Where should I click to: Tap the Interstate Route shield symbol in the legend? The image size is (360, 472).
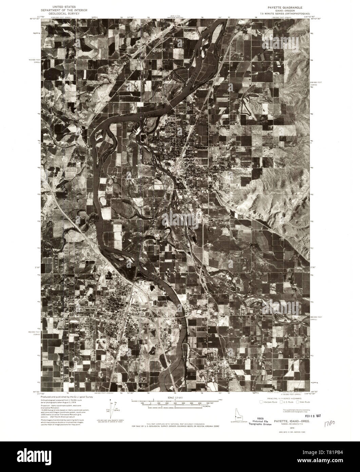click(x=261, y=402)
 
